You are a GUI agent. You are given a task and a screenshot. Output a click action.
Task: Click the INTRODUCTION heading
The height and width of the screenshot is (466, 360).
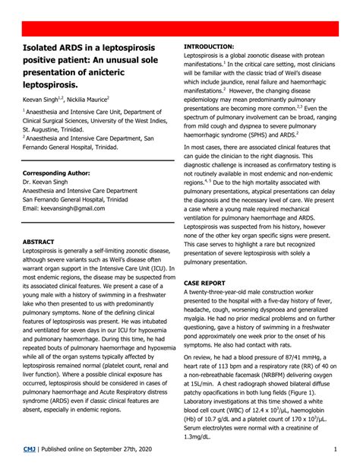point(209,46)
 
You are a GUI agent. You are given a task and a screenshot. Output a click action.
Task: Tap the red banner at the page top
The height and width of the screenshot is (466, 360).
point(180,30)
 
